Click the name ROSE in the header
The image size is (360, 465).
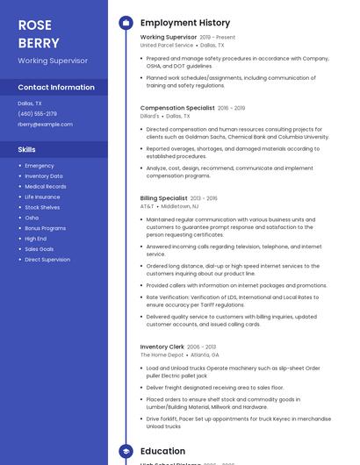click(x=34, y=25)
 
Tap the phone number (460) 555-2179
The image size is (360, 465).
click(x=38, y=113)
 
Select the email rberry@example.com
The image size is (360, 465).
click(x=45, y=125)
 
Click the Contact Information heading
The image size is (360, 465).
click(x=56, y=88)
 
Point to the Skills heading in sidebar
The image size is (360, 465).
click(x=27, y=149)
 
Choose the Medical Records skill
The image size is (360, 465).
click(x=46, y=186)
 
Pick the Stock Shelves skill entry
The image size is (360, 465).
click(x=42, y=207)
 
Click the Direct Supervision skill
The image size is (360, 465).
click(x=47, y=260)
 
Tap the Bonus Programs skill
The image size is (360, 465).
click(x=46, y=228)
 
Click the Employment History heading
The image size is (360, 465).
click(x=185, y=23)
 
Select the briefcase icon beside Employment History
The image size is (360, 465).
click(x=126, y=23)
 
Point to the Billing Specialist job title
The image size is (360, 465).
click(x=163, y=198)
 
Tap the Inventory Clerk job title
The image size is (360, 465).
click(x=162, y=347)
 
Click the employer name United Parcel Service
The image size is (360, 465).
click(x=167, y=45)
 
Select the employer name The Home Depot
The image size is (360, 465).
click(x=162, y=354)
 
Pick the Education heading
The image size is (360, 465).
click(x=162, y=451)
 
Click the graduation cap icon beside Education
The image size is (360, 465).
click(x=126, y=451)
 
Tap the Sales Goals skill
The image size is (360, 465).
click(x=40, y=249)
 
